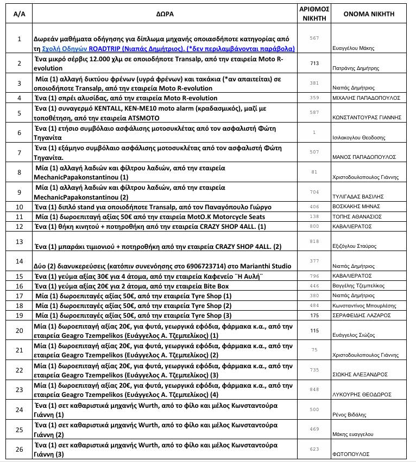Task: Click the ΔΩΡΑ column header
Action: (167, 14)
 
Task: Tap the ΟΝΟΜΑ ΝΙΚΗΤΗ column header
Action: (369, 14)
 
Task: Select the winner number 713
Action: (314, 63)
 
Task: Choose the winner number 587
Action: (314, 112)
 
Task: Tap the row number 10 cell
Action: (20, 207)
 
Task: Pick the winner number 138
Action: (314, 216)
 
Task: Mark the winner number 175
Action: (314, 315)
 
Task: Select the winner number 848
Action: (314, 389)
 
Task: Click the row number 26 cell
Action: (20, 449)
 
